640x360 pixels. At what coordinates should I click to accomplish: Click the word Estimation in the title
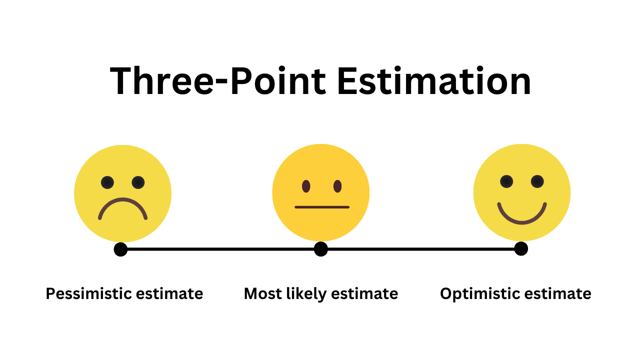click(x=434, y=80)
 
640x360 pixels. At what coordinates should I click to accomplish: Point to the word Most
click(x=263, y=293)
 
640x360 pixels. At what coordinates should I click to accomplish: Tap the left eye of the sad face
click(x=107, y=182)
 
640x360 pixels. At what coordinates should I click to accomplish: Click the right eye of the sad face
click(x=138, y=182)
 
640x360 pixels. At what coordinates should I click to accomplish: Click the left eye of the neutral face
click(x=306, y=186)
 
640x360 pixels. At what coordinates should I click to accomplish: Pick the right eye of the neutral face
click(x=337, y=186)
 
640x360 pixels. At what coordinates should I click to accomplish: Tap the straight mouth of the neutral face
click(x=322, y=207)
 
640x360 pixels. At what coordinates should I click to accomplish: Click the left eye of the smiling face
click(x=506, y=181)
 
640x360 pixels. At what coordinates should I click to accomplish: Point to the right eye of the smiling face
click(x=537, y=181)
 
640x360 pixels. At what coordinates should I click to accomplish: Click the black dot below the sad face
click(x=120, y=249)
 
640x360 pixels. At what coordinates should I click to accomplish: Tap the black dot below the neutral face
click(x=321, y=249)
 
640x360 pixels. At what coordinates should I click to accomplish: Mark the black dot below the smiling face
click(x=521, y=248)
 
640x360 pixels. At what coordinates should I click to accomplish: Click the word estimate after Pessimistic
click(x=169, y=293)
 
